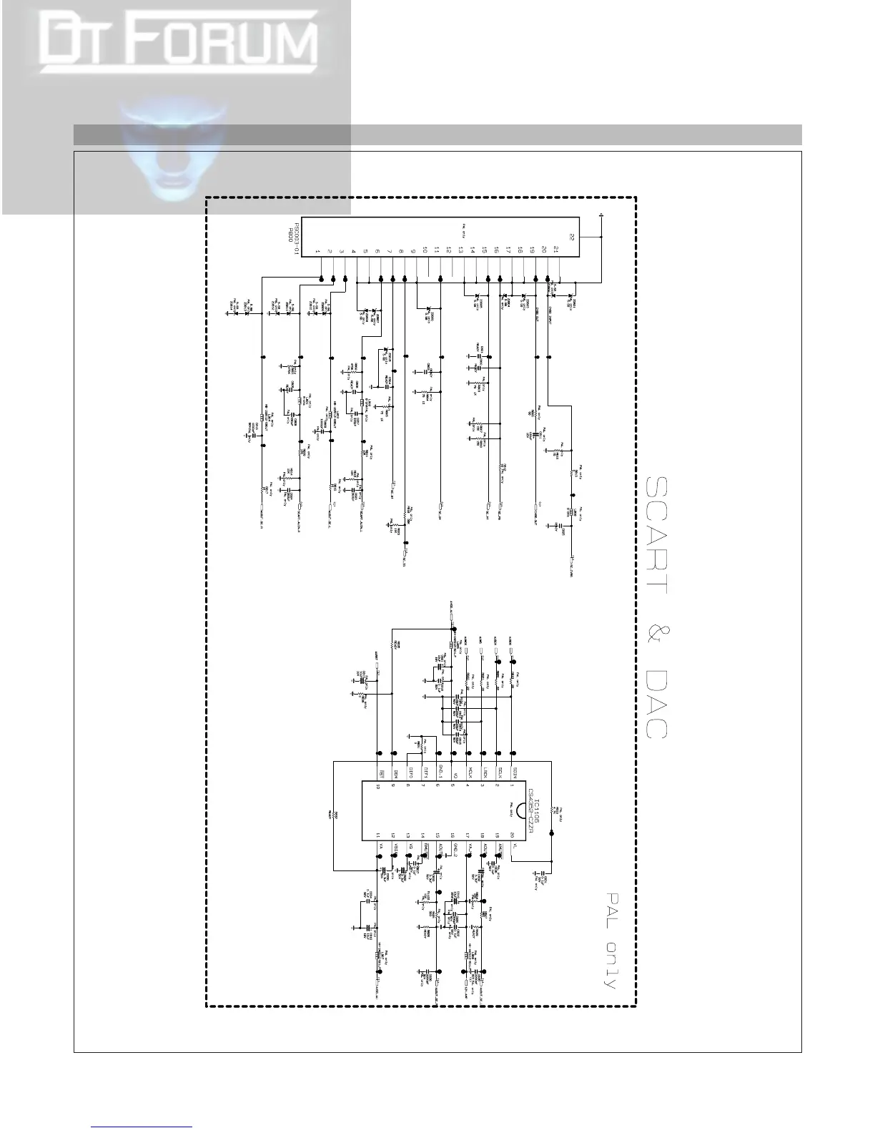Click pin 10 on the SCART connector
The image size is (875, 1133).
pos(425,250)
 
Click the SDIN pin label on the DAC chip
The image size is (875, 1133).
pos(515,773)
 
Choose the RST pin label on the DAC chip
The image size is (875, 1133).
pos(382,773)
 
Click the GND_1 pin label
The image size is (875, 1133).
pos(440,773)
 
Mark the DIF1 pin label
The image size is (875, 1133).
pos(425,773)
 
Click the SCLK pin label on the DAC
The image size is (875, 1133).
pos(500,773)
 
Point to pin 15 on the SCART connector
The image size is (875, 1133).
pos(484,250)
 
